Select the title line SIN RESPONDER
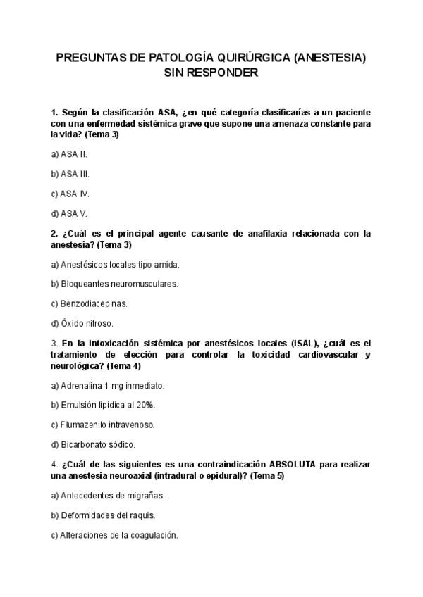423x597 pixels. pos(211,73)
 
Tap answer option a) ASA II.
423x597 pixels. pos(70,153)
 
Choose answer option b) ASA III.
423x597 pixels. pos(70,173)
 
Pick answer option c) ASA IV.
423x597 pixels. pos(70,193)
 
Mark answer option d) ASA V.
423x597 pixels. pos(69,213)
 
